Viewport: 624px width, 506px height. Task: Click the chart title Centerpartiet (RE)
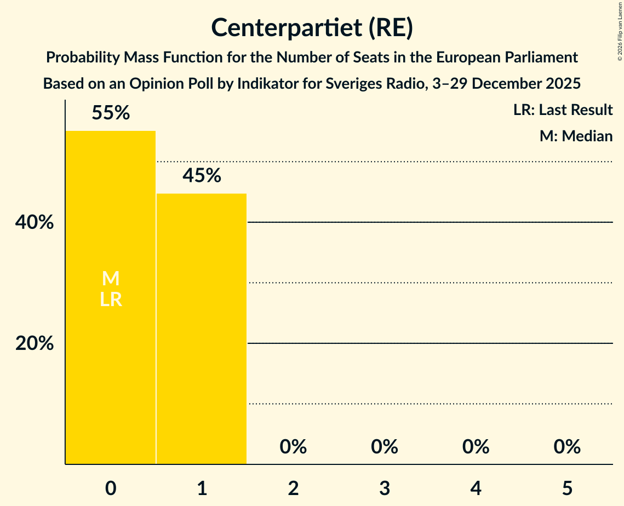point(312,28)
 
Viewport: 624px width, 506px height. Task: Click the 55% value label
point(111,113)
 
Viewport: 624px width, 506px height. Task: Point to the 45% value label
point(202,176)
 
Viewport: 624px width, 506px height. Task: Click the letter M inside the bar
point(111,279)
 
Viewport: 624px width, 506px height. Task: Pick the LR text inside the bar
point(111,300)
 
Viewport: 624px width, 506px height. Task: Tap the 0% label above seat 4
point(476,447)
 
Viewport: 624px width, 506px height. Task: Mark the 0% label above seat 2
point(293,447)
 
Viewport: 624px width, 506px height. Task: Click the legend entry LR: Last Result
point(563,110)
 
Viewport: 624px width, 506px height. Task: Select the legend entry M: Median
point(576,136)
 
